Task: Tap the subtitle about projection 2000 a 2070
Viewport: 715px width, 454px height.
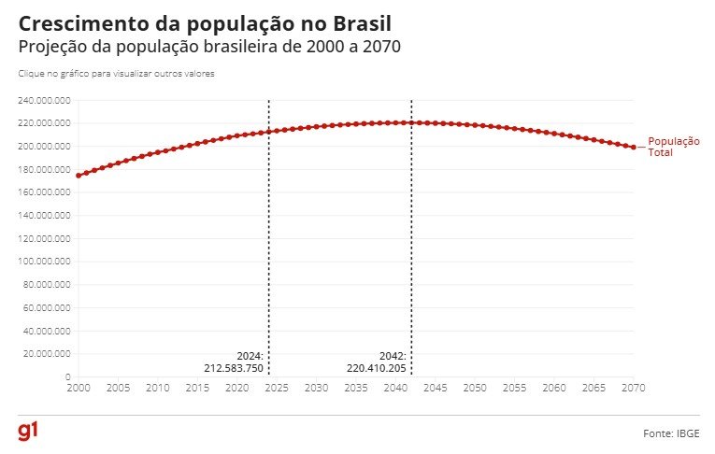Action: pos(209,47)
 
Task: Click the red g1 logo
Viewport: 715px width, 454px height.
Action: pos(27,432)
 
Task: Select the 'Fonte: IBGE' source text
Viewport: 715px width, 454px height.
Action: pos(671,434)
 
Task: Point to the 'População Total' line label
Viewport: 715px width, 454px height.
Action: pos(673,147)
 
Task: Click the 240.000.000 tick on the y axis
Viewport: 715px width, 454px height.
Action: pos(45,100)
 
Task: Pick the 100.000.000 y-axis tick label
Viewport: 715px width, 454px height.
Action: pos(45,262)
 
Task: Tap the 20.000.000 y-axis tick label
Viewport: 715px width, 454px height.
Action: pos(47,354)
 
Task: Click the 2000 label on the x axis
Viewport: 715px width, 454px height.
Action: pos(79,387)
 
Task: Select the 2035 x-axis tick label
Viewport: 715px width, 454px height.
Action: pos(356,387)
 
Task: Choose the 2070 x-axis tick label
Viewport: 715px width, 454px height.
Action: pos(634,387)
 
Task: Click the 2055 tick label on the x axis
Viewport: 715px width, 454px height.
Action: pos(515,387)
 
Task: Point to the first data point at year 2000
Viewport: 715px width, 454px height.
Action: pos(79,176)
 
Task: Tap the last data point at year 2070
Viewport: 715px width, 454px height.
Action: pos(634,147)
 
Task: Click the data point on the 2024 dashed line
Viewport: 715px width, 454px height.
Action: pos(269,132)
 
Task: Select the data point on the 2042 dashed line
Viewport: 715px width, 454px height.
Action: pos(411,122)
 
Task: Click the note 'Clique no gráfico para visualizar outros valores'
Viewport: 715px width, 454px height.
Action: pos(117,73)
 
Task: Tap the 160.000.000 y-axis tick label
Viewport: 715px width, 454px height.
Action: pos(45,192)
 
